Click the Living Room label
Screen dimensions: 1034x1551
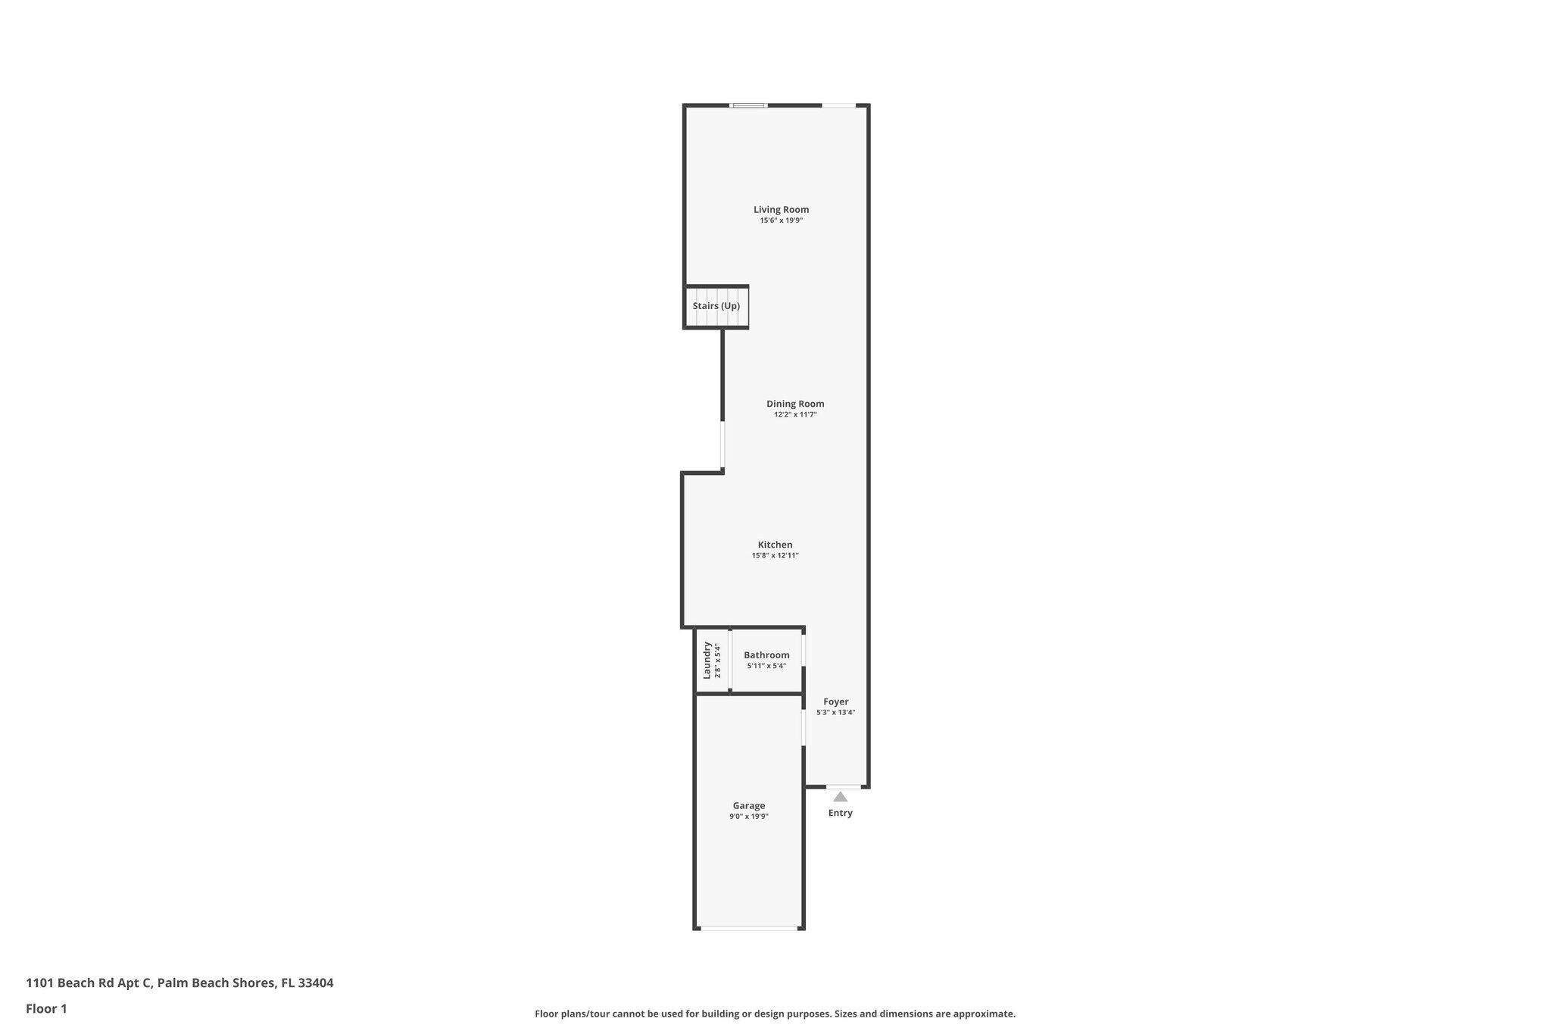781,210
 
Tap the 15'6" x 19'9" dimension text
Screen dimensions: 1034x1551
781,220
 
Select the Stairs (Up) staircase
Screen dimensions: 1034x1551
716,307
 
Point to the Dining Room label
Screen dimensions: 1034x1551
795,404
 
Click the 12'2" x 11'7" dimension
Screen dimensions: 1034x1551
795,415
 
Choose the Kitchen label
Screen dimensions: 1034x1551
775,545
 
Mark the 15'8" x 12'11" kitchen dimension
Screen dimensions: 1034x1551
775,556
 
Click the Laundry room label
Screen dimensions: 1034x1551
707,660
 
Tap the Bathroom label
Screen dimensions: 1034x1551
766,655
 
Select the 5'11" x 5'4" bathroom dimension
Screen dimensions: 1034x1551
766,667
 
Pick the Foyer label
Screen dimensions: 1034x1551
836,702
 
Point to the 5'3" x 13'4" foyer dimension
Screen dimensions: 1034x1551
836,713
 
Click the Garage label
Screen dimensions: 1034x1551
748,806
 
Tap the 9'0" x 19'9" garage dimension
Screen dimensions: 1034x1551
748,817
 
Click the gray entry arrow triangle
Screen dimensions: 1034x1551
840,797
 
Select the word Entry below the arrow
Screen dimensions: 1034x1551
840,814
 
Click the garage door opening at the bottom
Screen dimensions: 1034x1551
749,928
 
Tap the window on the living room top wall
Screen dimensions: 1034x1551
748,105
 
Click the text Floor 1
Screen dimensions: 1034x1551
46,1009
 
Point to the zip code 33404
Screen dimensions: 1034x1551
315,983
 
